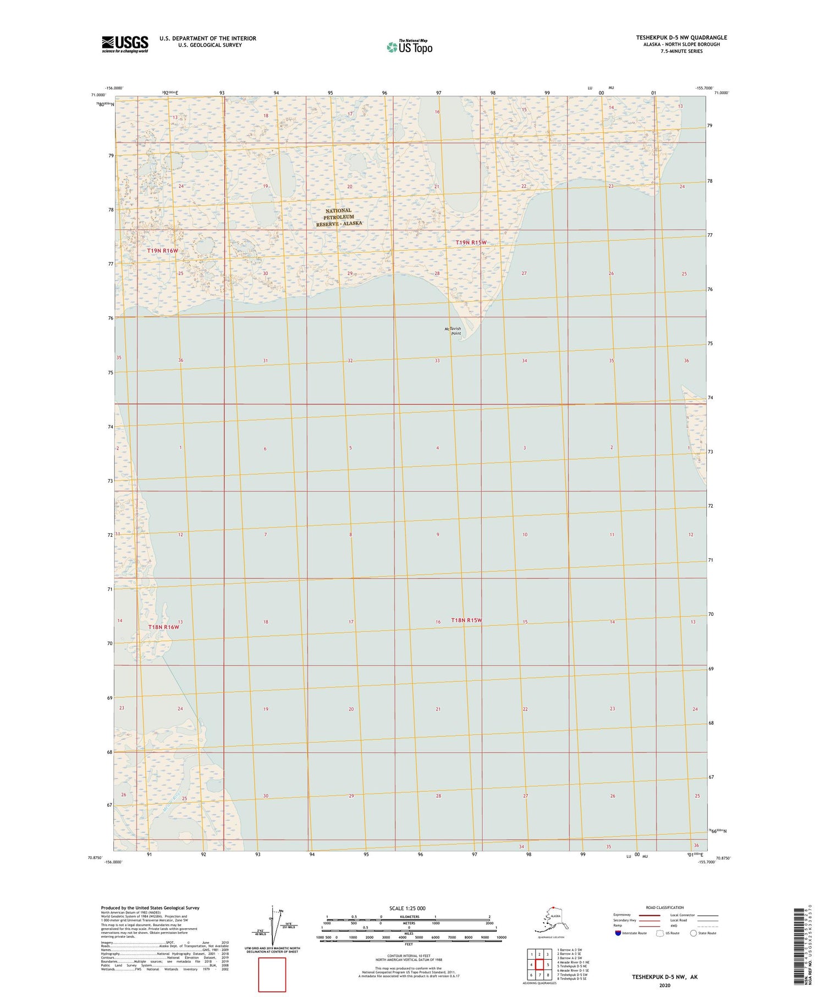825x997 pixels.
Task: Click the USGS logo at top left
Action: (125, 44)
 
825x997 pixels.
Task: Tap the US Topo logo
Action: (410, 47)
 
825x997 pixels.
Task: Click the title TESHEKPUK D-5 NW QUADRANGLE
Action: (681, 37)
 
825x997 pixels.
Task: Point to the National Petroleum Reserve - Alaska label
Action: (339, 217)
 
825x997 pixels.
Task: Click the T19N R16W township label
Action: (163, 251)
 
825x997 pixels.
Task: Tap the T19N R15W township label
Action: (471, 243)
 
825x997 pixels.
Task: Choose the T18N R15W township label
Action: (466, 620)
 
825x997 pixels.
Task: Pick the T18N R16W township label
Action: (164, 627)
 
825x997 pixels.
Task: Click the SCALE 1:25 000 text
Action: (407, 908)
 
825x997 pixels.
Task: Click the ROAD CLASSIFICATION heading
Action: (665, 907)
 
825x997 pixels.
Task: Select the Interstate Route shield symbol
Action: (618, 933)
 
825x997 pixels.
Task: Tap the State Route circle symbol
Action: (694, 933)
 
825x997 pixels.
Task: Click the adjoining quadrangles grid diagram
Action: (540, 965)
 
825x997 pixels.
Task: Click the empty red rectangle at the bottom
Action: (272, 974)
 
